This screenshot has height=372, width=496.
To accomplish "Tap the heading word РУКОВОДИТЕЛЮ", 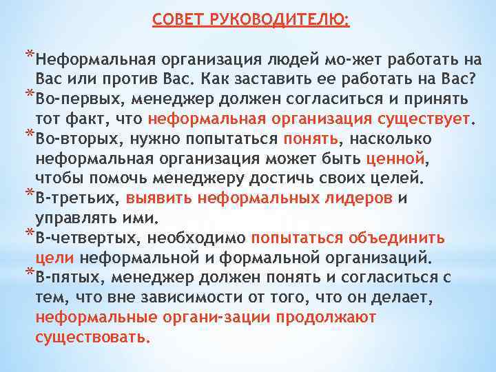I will click(x=275, y=20).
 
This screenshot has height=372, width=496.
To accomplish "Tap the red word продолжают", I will click(x=325, y=318).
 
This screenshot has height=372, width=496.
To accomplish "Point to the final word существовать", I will click(x=93, y=338).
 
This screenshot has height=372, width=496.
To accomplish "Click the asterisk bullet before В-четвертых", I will click(x=28, y=233).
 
